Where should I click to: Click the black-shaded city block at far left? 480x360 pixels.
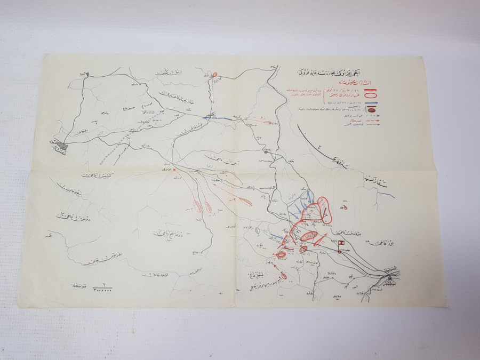point(64,146)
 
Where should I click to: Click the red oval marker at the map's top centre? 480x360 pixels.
point(215,76)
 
